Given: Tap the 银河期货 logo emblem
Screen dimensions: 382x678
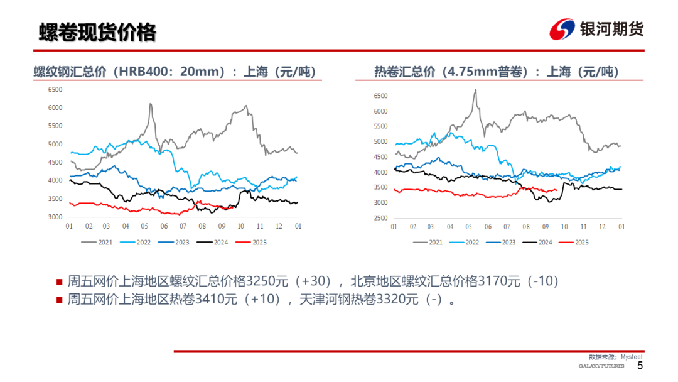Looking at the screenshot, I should pos(562,30).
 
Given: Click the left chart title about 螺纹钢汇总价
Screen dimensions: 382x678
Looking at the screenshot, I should pos(174,72).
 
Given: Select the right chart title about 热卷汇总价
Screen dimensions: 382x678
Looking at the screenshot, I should pos(496,72).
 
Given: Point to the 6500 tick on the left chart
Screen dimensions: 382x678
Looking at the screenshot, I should pos(55,90).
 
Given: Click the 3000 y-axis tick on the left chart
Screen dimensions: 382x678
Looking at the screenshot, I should pos(55,217).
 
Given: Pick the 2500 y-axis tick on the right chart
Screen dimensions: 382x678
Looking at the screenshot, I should pos(381,218).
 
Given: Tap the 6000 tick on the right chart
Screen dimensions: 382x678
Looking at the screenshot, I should pos(381,111).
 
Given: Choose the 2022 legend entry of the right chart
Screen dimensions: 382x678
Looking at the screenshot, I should pos(468,242).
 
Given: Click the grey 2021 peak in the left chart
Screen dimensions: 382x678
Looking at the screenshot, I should pos(151,104).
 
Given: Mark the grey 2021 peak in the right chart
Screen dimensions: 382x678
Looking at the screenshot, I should pos(475,90).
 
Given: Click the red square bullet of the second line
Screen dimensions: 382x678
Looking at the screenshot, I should pos(59,300).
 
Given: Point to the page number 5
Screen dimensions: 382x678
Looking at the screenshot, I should pos(640,366).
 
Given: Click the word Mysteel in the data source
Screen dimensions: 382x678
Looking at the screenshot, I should pos(632,356).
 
